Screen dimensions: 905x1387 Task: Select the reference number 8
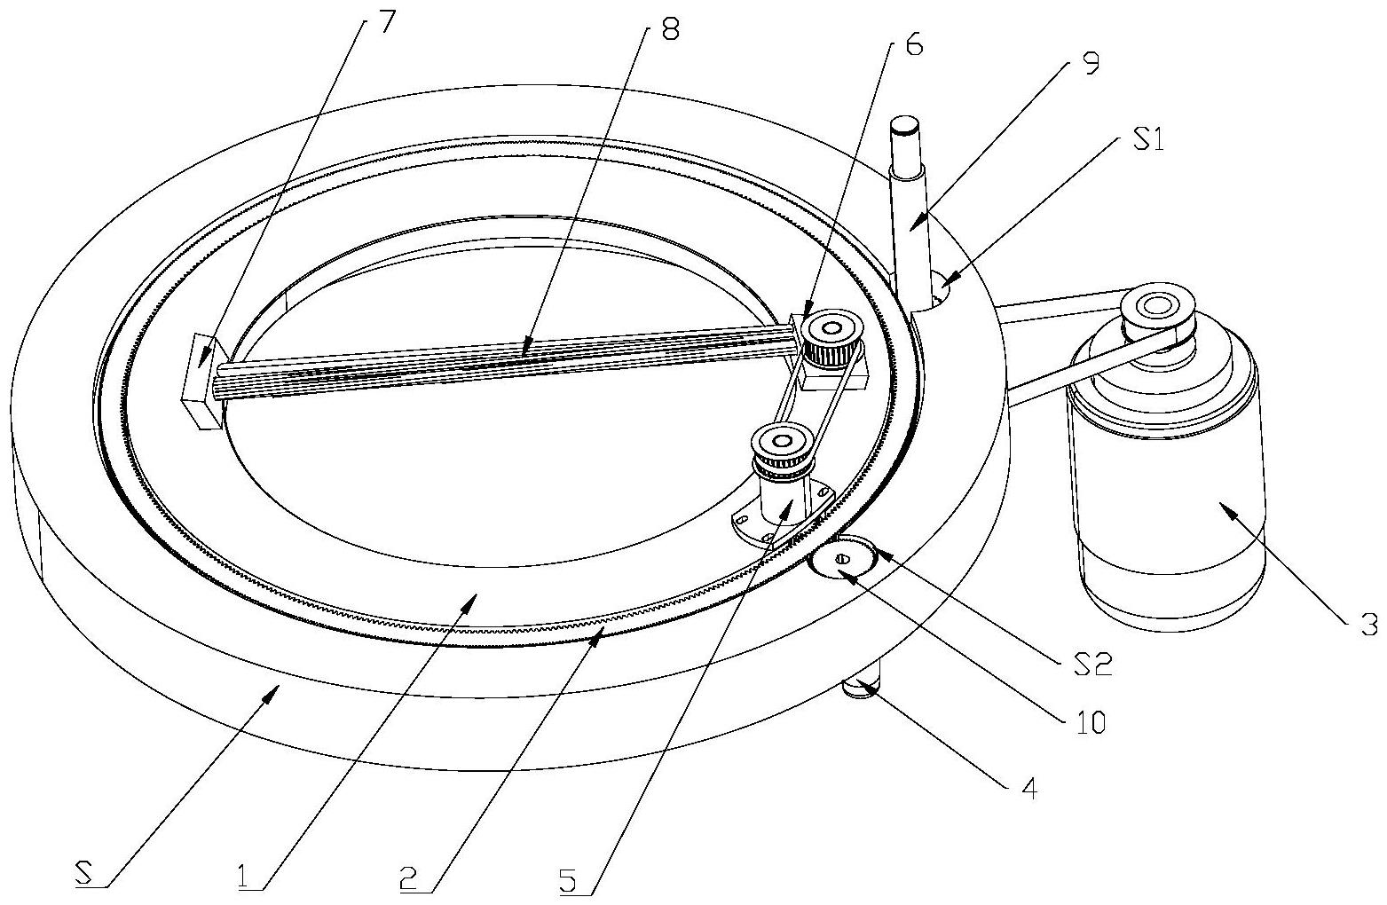tap(668, 30)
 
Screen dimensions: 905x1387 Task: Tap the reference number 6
tap(913, 43)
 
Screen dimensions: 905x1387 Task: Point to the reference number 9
tap(1091, 63)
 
